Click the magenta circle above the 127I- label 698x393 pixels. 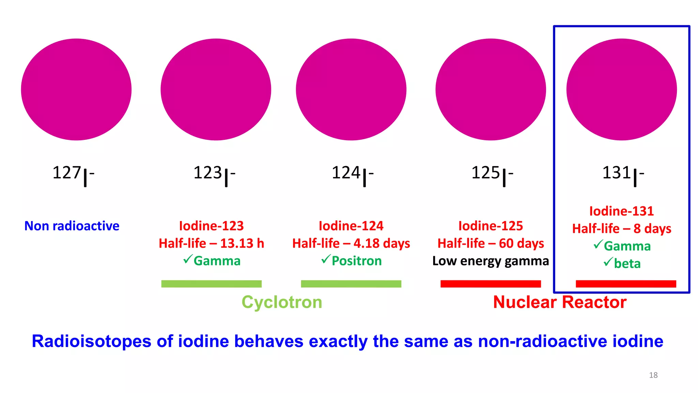tap(76, 89)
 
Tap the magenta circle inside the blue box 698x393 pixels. tap(622, 89)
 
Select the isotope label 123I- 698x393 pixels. tap(214, 174)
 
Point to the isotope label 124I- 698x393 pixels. tap(352, 174)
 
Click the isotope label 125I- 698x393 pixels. tap(492, 174)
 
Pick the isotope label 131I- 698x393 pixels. tap(623, 174)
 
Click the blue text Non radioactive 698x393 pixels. tap(72, 226)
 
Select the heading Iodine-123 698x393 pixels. tap(211, 226)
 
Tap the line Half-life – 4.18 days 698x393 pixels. tap(351, 243)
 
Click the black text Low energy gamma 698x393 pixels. tap(490, 261)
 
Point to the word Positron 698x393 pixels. tap(356, 261)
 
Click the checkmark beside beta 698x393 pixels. tap(608, 262)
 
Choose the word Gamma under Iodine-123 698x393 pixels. tap(217, 261)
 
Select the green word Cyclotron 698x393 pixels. tap(282, 302)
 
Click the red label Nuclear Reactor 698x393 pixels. tap(560, 302)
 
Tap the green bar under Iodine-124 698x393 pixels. tap(351, 284)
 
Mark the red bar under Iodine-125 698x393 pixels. tap(490, 284)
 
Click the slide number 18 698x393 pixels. tap(653, 375)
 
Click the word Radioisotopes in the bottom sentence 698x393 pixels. tap(91, 341)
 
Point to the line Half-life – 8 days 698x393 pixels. tap(622, 229)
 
